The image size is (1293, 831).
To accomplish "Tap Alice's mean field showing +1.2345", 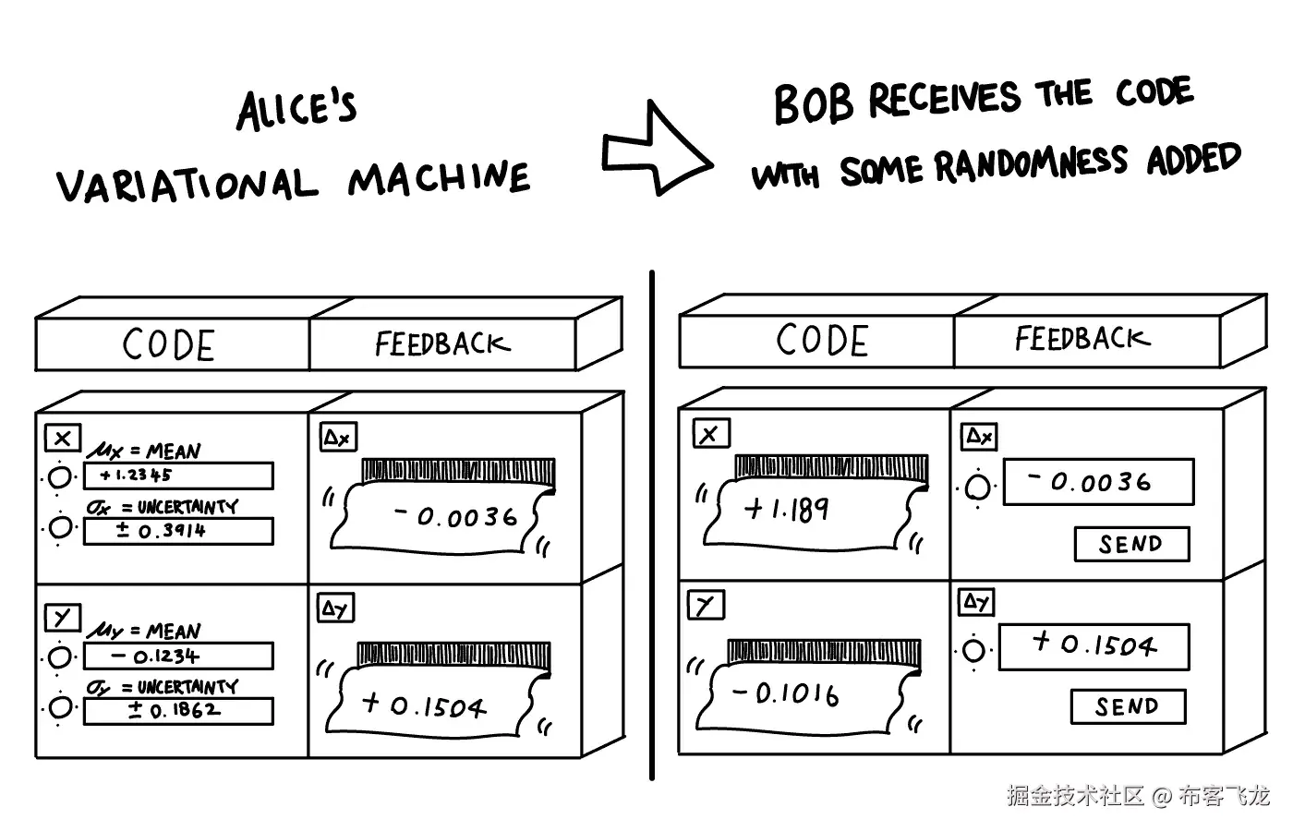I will (x=178, y=476).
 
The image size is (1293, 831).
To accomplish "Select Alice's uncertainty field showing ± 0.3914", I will (x=178, y=531).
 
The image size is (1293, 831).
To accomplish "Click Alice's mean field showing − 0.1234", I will (x=178, y=656).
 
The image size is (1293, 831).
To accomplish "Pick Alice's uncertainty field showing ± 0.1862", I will (x=178, y=711).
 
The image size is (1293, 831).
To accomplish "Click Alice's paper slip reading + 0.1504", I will (x=434, y=706).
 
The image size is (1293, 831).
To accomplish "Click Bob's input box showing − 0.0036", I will (x=1098, y=482).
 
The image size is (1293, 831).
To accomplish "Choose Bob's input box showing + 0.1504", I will (x=1094, y=645).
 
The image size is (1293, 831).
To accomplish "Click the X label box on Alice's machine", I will (x=63, y=438).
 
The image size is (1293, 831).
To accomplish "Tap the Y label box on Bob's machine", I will (x=706, y=606).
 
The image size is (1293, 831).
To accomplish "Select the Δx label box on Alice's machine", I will (x=338, y=438).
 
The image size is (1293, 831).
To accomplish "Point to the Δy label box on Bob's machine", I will (x=977, y=602).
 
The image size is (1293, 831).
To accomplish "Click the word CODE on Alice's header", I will (x=169, y=345).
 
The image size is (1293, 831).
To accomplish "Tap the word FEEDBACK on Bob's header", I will (x=1082, y=339).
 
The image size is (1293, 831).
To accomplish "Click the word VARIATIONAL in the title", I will (x=187, y=186).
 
